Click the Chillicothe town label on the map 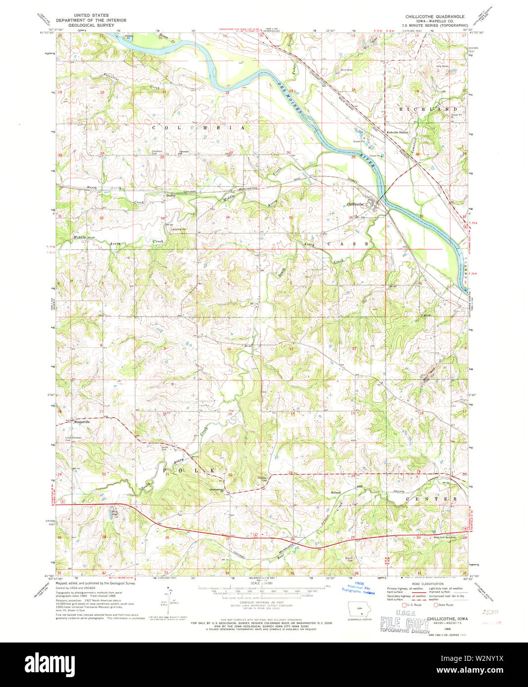(355, 204)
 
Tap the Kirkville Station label (398, 132)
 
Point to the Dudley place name (171, 196)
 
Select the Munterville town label (82, 422)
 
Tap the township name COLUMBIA (198, 128)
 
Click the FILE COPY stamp (404, 623)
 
